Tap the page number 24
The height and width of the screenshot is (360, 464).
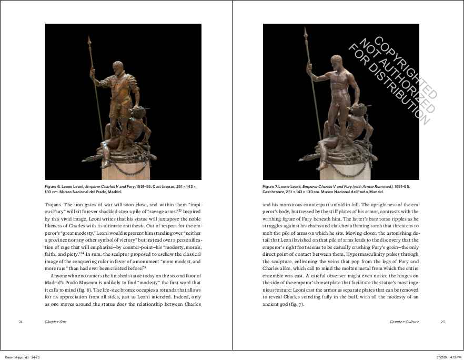(x=20, y=321)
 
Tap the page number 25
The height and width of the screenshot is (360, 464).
(x=442, y=321)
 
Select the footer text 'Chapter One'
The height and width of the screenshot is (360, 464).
(x=56, y=321)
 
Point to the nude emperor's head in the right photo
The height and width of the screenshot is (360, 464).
(x=335, y=59)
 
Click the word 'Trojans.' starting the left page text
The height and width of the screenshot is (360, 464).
(x=54, y=204)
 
